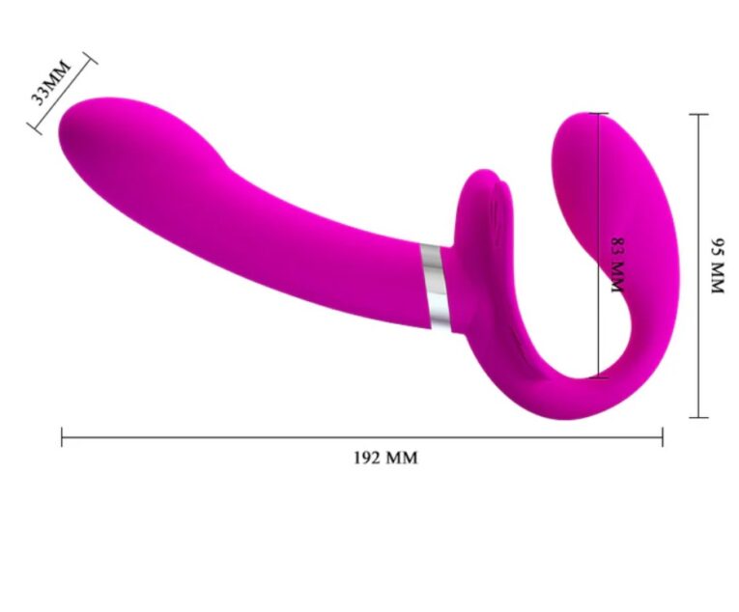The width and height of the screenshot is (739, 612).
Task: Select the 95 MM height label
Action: click(x=716, y=265)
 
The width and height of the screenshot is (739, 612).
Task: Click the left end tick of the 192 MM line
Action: click(x=62, y=437)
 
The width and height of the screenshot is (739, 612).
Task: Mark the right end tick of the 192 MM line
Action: click(x=663, y=437)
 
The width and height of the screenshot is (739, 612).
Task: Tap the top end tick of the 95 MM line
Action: click(x=698, y=114)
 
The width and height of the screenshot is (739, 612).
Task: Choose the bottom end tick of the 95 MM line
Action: click(x=698, y=417)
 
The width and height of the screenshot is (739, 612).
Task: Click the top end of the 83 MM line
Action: click(x=599, y=115)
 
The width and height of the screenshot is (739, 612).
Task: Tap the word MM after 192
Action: click(x=402, y=458)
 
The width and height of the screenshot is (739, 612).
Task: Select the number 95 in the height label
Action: click(x=716, y=245)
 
